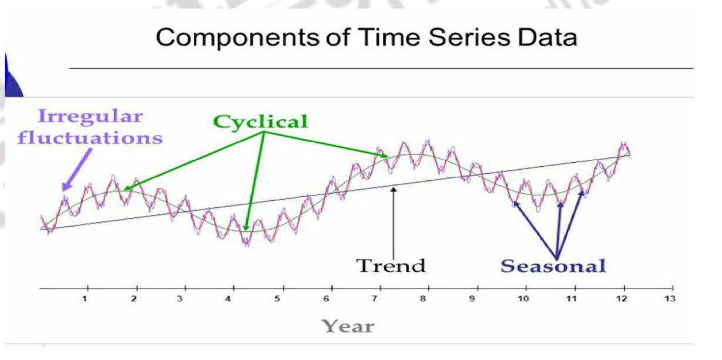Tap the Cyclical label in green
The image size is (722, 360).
(x=260, y=122)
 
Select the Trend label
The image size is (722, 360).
(x=391, y=265)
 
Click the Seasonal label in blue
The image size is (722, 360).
(x=552, y=265)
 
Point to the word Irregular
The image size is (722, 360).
(x=90, y=116)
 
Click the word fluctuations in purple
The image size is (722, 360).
(x=90, y=139)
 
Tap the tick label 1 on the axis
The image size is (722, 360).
(x=85, y=299)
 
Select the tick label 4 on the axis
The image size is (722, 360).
(x=229, y=299)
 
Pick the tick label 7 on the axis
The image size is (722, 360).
(x=374, y=299)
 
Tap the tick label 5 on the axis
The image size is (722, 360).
(x=277, y=299)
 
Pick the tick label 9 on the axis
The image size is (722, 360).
(x=472, y=299)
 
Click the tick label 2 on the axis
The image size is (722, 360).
(x=133, y=299)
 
